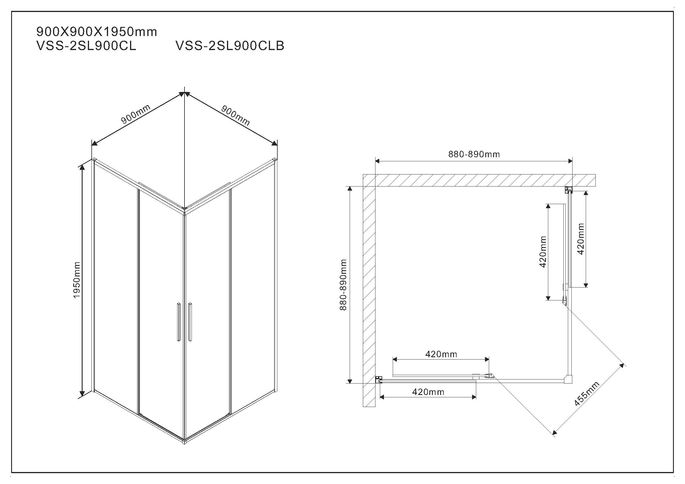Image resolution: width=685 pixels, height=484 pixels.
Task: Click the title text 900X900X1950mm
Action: (96, 32)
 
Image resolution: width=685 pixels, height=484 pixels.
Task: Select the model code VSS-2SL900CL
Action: (86, 46)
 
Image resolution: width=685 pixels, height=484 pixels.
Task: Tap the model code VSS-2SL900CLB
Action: (230, 46)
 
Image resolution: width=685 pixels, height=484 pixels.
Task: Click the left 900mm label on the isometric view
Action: (136, 114)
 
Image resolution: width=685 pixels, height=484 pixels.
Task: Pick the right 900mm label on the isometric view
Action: (235, 115)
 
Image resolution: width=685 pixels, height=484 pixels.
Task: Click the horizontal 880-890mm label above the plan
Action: (474, 154)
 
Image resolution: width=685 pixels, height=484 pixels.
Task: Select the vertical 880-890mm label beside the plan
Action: (343, 285)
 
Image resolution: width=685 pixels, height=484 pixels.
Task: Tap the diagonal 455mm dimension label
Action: (587, 394)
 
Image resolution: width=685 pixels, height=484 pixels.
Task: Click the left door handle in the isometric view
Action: (178, 322)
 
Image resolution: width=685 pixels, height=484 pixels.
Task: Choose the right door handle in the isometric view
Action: (190, 322)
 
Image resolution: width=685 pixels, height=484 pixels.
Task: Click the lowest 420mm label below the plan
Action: (428, 392)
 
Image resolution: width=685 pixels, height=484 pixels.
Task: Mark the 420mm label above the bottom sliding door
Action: (441, 354)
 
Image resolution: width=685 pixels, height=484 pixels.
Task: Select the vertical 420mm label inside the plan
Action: (543, 252)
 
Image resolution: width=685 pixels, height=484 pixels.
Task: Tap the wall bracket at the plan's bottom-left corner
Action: (378, 380)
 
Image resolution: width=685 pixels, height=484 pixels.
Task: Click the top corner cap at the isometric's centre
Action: (185, 209)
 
